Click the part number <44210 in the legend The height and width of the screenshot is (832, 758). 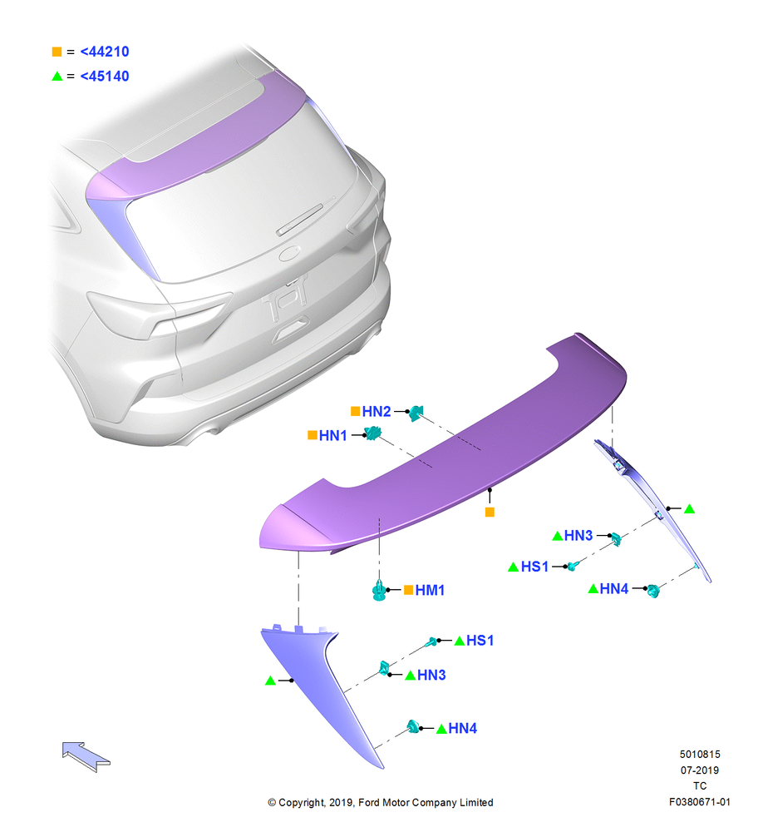105,52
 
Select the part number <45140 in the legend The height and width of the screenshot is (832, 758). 105,76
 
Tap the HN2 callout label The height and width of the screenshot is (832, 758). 377,411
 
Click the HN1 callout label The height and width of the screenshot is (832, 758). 333,436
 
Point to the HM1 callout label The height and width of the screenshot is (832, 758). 430,590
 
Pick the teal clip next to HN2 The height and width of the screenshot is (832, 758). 416,413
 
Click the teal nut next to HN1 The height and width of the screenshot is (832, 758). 373,433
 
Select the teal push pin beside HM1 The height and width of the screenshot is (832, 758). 380,591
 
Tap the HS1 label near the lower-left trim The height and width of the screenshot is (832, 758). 480,641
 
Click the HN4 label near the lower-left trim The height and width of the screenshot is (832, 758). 463,728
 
